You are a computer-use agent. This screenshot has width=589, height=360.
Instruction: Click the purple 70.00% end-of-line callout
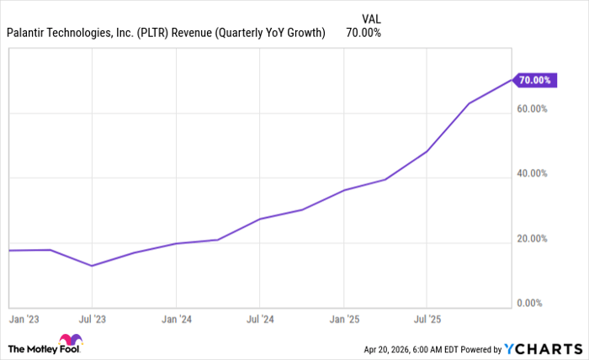pos(534,80)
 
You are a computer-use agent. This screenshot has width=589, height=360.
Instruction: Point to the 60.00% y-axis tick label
pos(532,109)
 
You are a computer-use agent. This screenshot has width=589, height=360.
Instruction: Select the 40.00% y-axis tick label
pos(532,174)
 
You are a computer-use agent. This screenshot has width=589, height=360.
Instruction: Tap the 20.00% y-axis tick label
pos(532,239)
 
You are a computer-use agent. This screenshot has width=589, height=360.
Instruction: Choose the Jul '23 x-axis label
pos(92,320)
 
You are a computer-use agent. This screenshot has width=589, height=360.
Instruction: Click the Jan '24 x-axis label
pos(175,320)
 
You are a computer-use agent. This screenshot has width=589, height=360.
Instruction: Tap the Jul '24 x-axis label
pos(259,320)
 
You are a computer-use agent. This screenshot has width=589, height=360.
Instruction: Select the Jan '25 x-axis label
pos(343,320)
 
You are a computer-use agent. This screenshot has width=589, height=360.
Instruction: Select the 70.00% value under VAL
pos(363,33)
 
